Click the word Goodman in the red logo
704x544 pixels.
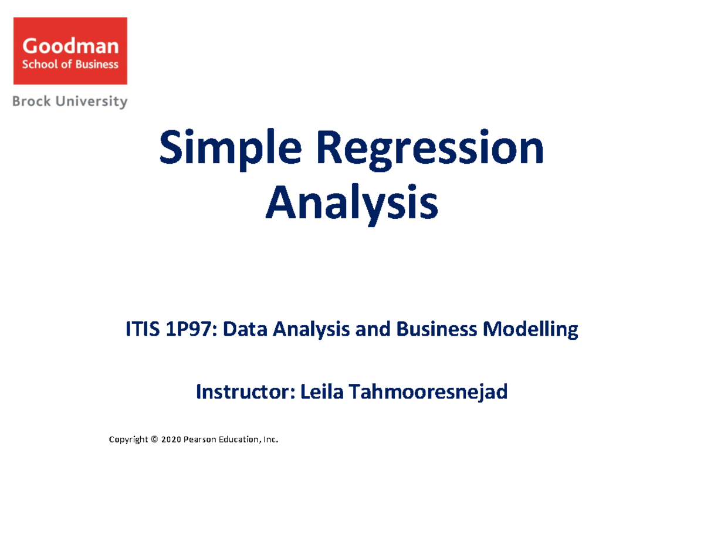70,46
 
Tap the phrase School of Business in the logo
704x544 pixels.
70,64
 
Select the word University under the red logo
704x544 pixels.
94,102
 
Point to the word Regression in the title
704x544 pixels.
431,150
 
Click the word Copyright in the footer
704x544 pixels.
128,440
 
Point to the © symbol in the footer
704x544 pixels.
155,440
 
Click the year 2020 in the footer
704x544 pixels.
171,440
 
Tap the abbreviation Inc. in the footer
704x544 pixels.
270,440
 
